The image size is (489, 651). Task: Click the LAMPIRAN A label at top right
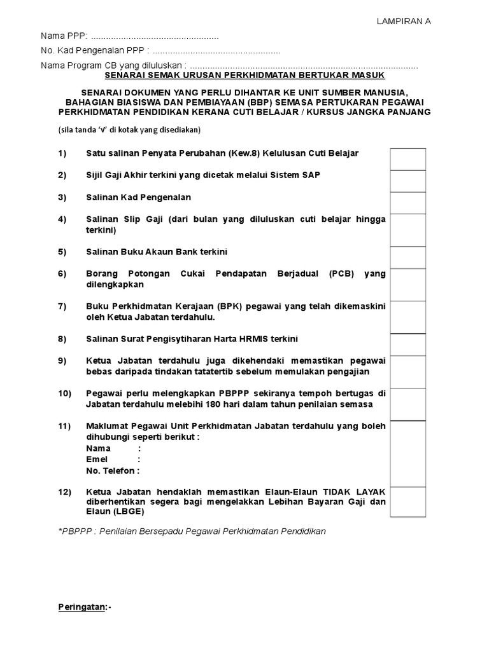[404, 21]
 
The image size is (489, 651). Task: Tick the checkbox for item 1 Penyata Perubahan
[408, 159]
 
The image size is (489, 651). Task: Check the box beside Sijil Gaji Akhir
[408, 181]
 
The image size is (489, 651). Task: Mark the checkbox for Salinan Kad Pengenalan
[408, 203]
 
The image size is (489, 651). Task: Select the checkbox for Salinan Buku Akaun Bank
[408, 257]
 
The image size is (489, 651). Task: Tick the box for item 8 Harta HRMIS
[408, 345]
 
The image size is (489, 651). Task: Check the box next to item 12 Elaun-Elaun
[408, 502]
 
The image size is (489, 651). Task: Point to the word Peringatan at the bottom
[81, 607]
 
